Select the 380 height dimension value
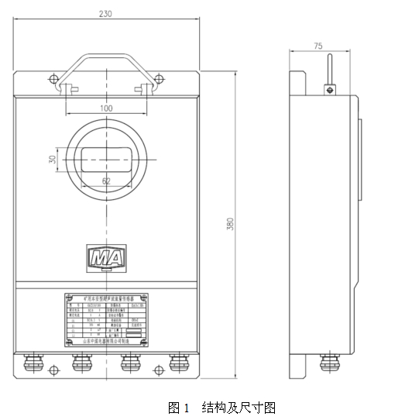click(x=230, y=224)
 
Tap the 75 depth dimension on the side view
click(x=318, y=46)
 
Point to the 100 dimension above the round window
click(x=106, y=108)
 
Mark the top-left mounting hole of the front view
click(x=53, y=77)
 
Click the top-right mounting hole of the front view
click(x=159, y=77)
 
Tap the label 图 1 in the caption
click(x=179, y=407)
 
